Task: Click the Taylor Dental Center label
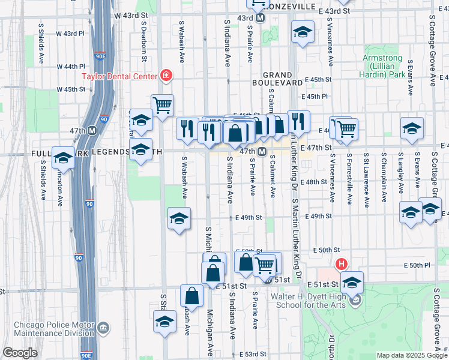pos(119,76)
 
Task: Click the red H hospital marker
pos(342,264)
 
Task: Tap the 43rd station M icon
pos(261,18)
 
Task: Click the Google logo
pos(20,353)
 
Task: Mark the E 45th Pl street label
pos(317,96)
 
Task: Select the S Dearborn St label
pos(145,43)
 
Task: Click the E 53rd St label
pos(252,355)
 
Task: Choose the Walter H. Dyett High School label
pos(310,301)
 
